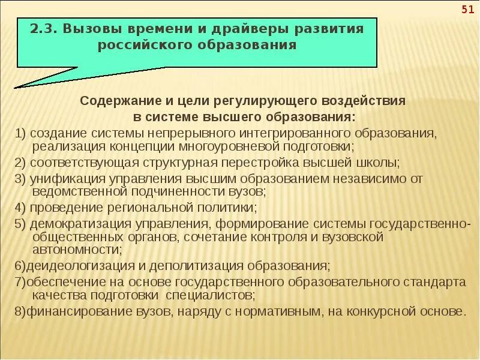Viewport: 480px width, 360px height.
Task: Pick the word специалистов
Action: click(x=208, y=295)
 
